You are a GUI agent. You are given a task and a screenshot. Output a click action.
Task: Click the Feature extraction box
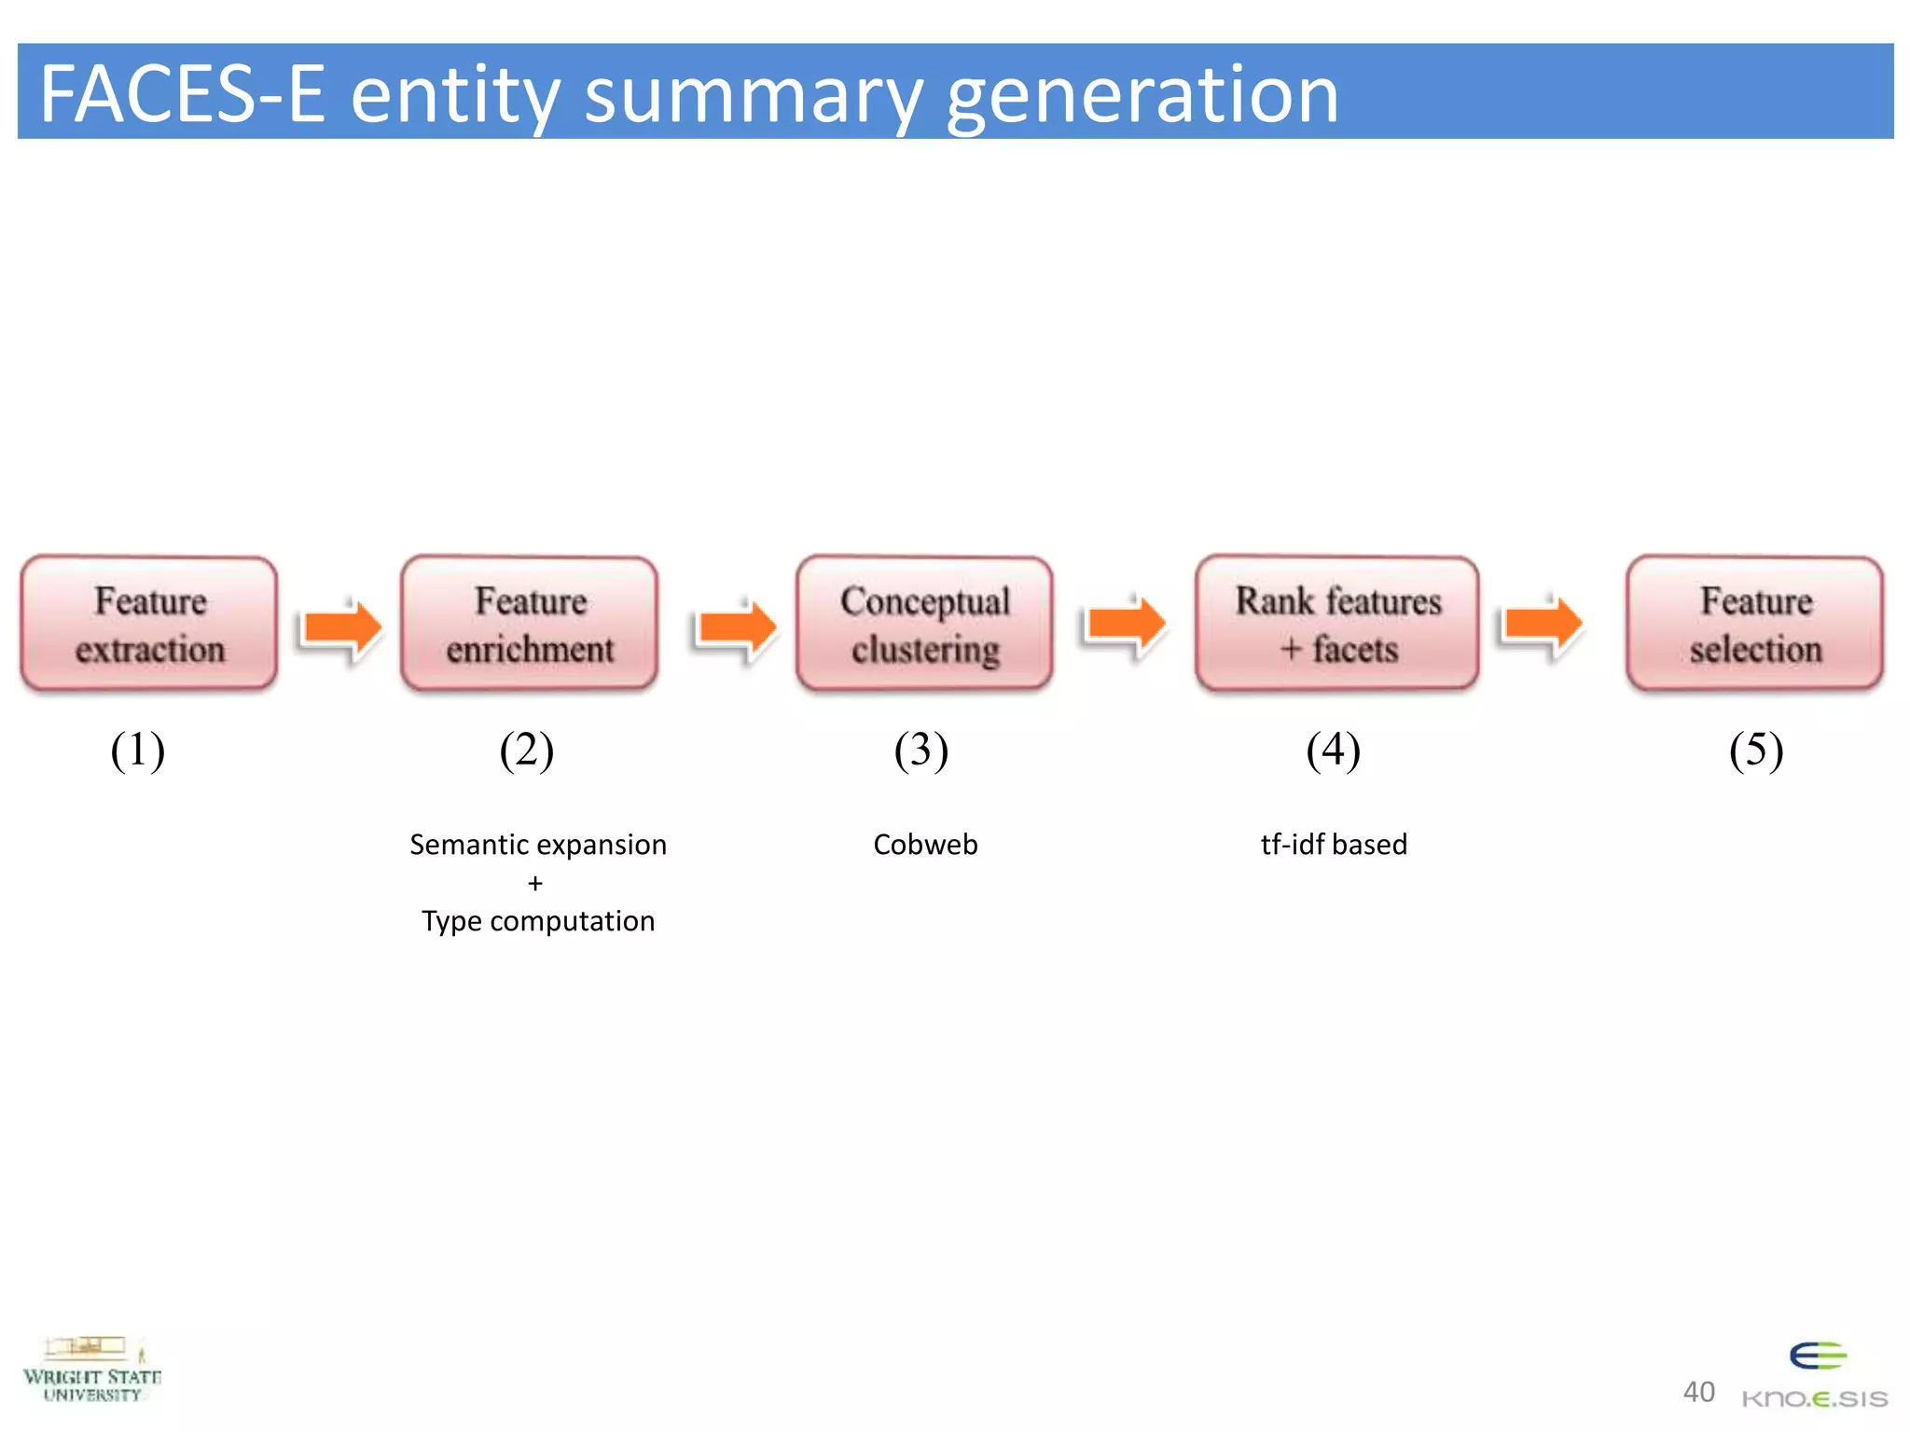point(149,624)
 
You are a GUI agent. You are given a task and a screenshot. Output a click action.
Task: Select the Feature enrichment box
point(530,624)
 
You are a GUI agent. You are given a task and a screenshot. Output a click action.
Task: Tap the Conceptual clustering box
point(924,624)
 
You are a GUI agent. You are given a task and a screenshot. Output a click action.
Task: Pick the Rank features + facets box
point(1337,624)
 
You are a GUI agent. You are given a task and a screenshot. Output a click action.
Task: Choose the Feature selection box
point(1754,624)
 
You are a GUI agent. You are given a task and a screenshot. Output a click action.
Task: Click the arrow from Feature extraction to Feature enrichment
point(342,626)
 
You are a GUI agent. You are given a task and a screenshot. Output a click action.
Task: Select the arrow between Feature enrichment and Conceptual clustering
point(737,626)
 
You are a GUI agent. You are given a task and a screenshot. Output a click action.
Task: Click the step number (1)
point(138,750)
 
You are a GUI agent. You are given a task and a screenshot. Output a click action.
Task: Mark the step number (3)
point(920,750)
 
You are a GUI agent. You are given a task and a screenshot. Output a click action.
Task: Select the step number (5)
point(1755,750)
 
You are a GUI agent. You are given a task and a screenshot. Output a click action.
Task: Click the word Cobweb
point(925,845)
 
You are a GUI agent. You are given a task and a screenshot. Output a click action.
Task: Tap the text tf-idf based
point(1334,845)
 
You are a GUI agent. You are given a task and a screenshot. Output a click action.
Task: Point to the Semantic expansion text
point(538,845)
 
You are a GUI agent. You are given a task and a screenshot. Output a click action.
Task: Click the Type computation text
point(538,921)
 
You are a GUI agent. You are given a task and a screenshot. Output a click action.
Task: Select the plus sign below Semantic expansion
point(534,883)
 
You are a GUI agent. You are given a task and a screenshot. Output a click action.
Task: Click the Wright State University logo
point(91,1370)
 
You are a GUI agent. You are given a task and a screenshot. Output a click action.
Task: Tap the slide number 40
point(1698,1392)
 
